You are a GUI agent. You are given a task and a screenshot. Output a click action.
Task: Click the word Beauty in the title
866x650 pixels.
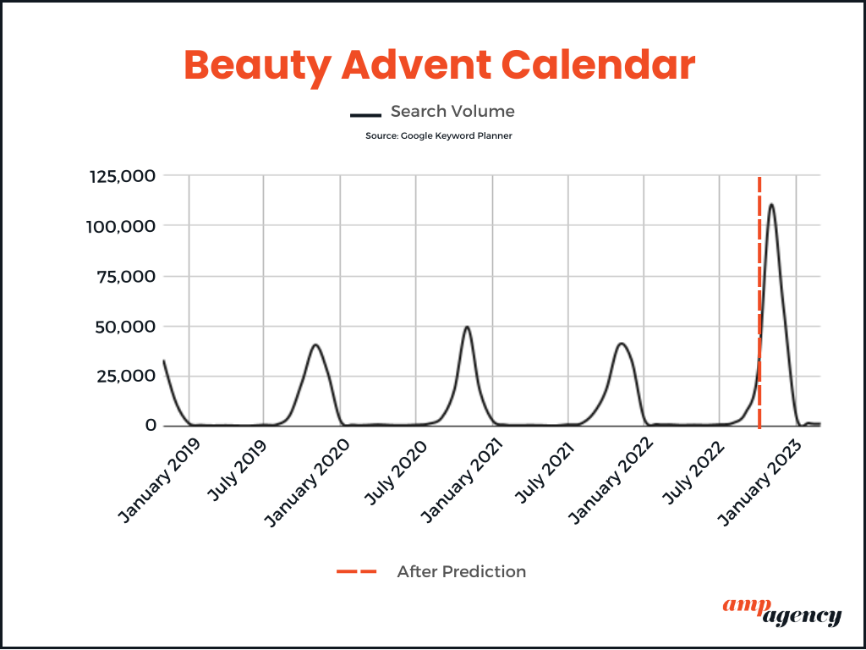pos(257,66)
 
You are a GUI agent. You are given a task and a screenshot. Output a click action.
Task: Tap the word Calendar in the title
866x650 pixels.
pos(598,64)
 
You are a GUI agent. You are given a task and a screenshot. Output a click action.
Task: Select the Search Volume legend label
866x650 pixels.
pos(452,111)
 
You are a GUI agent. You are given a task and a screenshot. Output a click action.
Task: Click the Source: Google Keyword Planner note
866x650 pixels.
pos(439,135)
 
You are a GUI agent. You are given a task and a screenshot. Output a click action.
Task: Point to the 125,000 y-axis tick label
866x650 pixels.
pos(122,176)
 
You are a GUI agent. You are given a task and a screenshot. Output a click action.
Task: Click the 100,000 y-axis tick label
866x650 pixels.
pos(121,226)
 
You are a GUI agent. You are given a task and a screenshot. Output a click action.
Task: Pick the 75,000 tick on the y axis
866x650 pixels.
pos(125,277)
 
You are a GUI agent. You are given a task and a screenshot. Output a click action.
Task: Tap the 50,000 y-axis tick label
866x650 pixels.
pos(125,327)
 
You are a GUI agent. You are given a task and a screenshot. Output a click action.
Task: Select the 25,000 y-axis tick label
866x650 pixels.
pos(126,377)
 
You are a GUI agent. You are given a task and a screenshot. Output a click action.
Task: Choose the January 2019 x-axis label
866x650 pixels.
pos(159,482)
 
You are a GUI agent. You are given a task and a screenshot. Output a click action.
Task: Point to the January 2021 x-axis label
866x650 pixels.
pos(462,482)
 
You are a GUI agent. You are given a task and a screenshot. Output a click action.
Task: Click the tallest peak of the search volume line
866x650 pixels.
pos(771,205)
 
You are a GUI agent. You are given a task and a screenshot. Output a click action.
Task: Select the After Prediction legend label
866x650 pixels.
pos(461,571)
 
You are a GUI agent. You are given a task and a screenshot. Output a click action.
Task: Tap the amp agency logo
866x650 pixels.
pos(781,611)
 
